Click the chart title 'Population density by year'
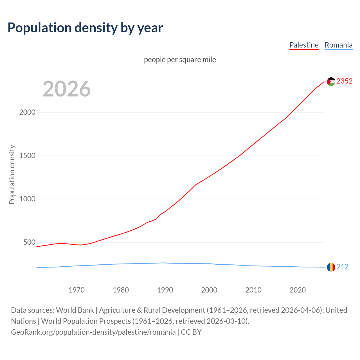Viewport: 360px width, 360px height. tap(85, 28)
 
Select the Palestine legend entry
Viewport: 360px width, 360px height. tap(304, 45)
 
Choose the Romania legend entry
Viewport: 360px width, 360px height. tap(338, 45)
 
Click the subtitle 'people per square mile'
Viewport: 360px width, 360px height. tap(180, 60)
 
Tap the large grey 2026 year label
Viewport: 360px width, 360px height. tap(67, 89)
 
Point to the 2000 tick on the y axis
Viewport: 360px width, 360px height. tap(27, 112)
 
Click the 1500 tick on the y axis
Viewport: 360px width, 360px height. tap(27, 156)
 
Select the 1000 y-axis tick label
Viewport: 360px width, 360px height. tap(27, 199)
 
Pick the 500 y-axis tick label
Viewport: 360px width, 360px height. tap(29, 242)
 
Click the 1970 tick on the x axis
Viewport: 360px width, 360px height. tap(76, 290)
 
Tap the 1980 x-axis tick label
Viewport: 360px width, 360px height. tap(121, 290)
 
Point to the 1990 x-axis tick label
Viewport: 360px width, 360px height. tap(165, 290)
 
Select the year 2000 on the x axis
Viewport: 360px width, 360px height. tap(209, 290)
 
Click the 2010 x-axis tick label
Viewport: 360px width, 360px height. tap(253, 290)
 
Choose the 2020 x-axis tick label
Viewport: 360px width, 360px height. tap(298, 290)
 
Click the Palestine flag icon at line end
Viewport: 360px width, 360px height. tap(331, 82)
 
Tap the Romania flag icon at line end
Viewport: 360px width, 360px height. tap(331, 267)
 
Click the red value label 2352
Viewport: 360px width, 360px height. tap(344, 81)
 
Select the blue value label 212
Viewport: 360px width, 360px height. tap(342, 267)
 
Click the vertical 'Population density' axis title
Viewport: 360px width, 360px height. tap(12, 174)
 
